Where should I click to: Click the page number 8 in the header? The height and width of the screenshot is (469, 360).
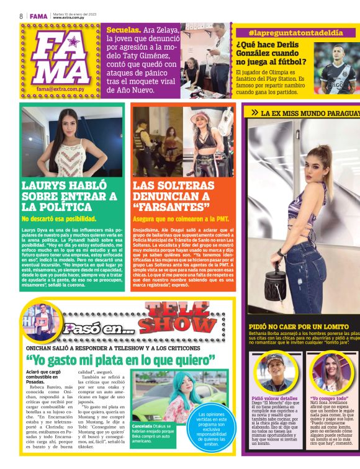click(x=21, y=16)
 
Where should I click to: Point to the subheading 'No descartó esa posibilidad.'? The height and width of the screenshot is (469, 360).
click(x=59, y=219)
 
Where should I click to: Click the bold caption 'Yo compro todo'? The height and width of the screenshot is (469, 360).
click(x=330, y=398)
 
